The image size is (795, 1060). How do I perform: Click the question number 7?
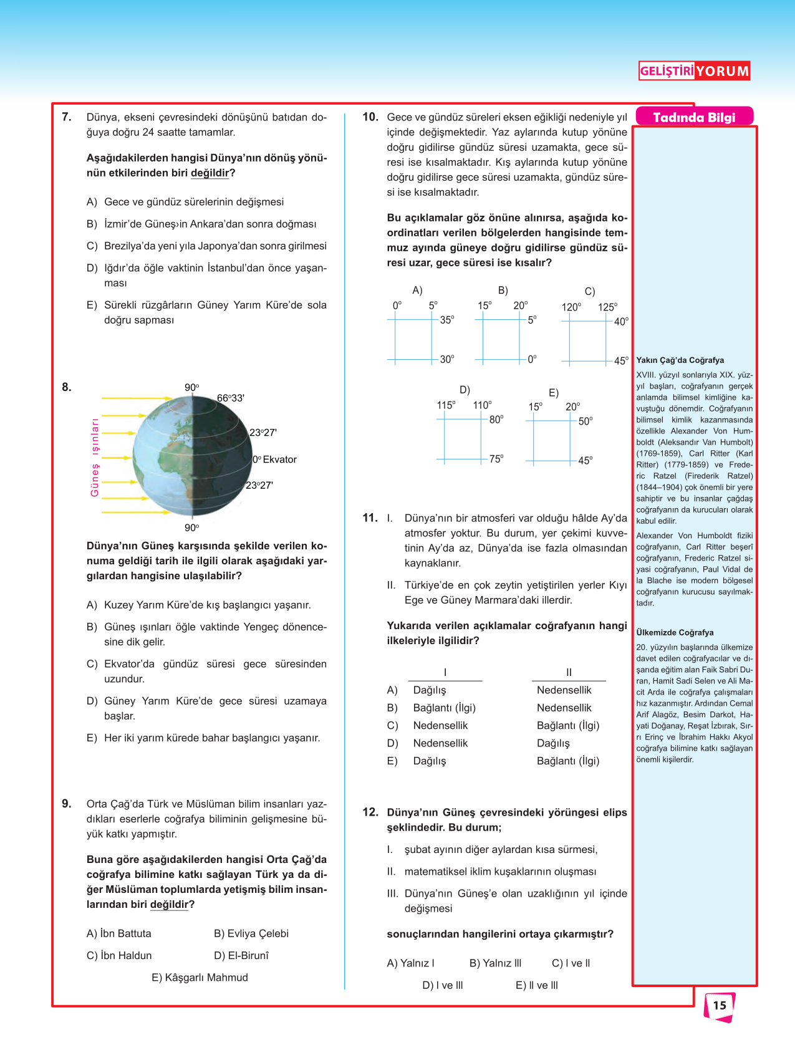point(67,117)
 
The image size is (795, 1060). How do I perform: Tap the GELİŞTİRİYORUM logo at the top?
point(694,70)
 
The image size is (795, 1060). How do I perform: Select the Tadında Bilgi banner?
point(694,117)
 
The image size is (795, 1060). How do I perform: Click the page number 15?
point(720,1005)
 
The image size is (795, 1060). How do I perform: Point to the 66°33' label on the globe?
point(231,398)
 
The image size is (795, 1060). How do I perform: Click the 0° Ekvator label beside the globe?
point(274,460)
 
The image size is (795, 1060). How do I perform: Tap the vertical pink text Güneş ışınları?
point(95,457)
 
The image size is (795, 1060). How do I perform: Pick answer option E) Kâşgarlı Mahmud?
point(200,977)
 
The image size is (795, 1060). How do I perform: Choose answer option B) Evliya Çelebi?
point(251,933)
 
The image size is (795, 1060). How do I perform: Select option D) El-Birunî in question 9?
point(241,955)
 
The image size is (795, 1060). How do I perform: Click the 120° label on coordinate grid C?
point(571,307)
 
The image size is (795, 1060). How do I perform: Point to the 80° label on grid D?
point(496,420)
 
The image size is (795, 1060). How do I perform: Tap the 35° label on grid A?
point(447,320)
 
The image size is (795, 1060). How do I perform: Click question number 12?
point(370,812)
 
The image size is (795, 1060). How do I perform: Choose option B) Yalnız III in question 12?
point(495,963)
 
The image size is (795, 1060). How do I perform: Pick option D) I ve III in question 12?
point(442,985)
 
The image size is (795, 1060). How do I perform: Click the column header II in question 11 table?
point(569,672)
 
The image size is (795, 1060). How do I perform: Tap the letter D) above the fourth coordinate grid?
point(465,390)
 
